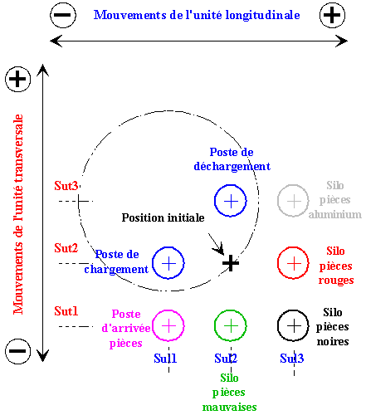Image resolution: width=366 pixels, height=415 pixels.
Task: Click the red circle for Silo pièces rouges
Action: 278,263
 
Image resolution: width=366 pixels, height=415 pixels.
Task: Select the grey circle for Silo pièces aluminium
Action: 278,201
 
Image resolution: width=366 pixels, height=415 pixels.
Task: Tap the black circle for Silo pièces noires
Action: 278,326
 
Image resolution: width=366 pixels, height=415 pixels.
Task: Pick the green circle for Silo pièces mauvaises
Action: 215,326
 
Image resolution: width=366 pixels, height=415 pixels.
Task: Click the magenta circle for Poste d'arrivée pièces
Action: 153,326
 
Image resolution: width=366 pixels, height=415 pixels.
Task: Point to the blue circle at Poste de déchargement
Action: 215,201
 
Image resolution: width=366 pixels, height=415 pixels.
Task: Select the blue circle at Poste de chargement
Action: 153,263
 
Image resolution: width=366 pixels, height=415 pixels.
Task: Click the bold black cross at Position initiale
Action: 231,263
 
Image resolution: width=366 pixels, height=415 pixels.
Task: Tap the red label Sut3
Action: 66,186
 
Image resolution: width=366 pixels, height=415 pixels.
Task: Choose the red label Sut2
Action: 66,248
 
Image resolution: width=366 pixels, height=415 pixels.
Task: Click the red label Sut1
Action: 66,311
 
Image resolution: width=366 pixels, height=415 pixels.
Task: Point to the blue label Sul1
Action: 165,359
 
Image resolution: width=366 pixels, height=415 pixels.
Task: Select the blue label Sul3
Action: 292,359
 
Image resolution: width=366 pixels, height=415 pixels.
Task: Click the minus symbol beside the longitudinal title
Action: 63,15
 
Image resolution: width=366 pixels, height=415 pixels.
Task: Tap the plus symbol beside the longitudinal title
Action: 332,15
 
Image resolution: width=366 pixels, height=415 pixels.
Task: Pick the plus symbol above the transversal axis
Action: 18,79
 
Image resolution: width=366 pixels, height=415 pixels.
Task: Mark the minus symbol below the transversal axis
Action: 18,351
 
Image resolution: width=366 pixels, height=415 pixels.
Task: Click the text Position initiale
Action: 163,217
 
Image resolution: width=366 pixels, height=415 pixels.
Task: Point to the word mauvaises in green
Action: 230,408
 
